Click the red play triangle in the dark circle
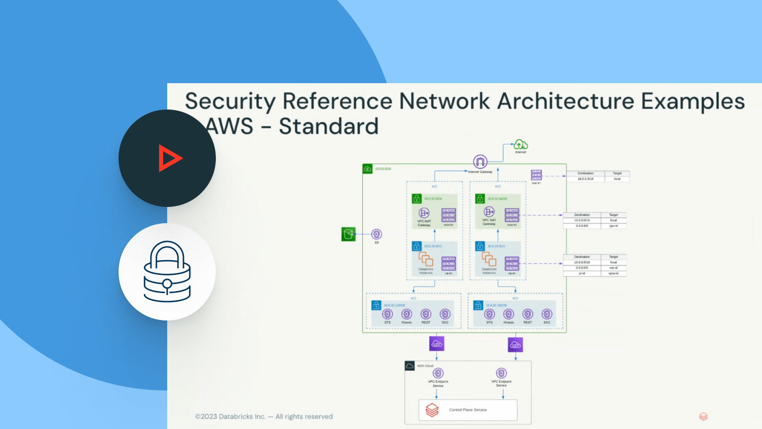coord(169,158)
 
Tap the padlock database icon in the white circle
coord(167,272)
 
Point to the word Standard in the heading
coord(328,126)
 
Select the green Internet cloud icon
coord(520,145)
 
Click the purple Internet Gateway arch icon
coord(480,162)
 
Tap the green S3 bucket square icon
coord(349,234)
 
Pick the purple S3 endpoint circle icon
coord(376,234)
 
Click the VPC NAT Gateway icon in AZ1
coord(424,213)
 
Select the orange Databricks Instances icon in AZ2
coord(489,259)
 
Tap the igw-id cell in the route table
coord(613,226)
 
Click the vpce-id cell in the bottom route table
coord(613,273)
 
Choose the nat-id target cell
coord(613,268)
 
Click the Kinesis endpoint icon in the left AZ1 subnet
coord(407,314)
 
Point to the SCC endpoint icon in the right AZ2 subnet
coord(547,314)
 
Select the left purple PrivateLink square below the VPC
coord(437,344)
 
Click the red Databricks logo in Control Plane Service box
coord(432,410)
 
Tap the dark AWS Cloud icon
coord(410,366)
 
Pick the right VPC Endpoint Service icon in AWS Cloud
coord(501,373)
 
